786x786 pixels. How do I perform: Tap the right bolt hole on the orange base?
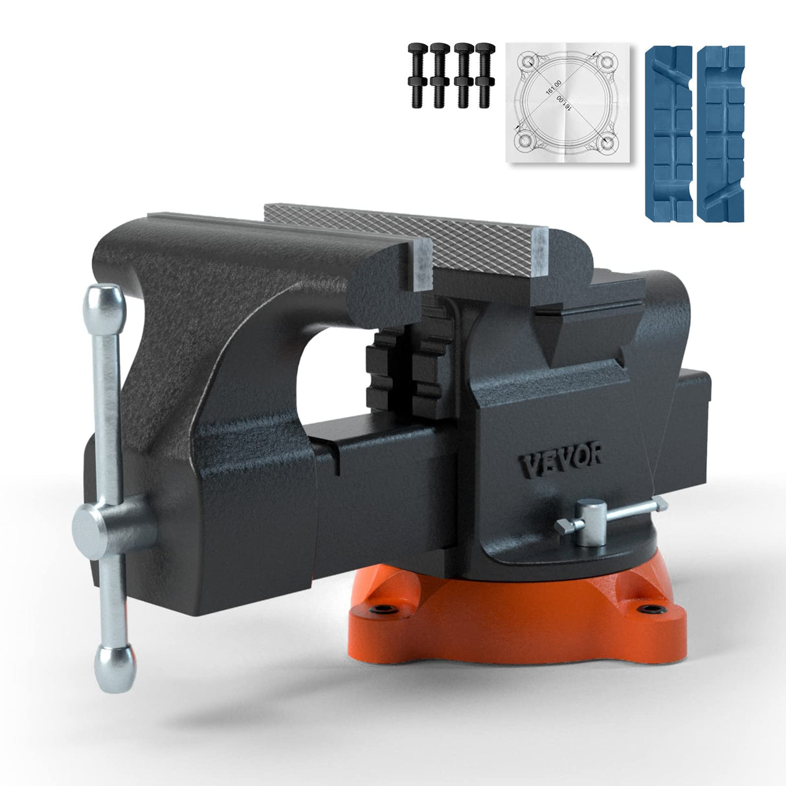(647, 609)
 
